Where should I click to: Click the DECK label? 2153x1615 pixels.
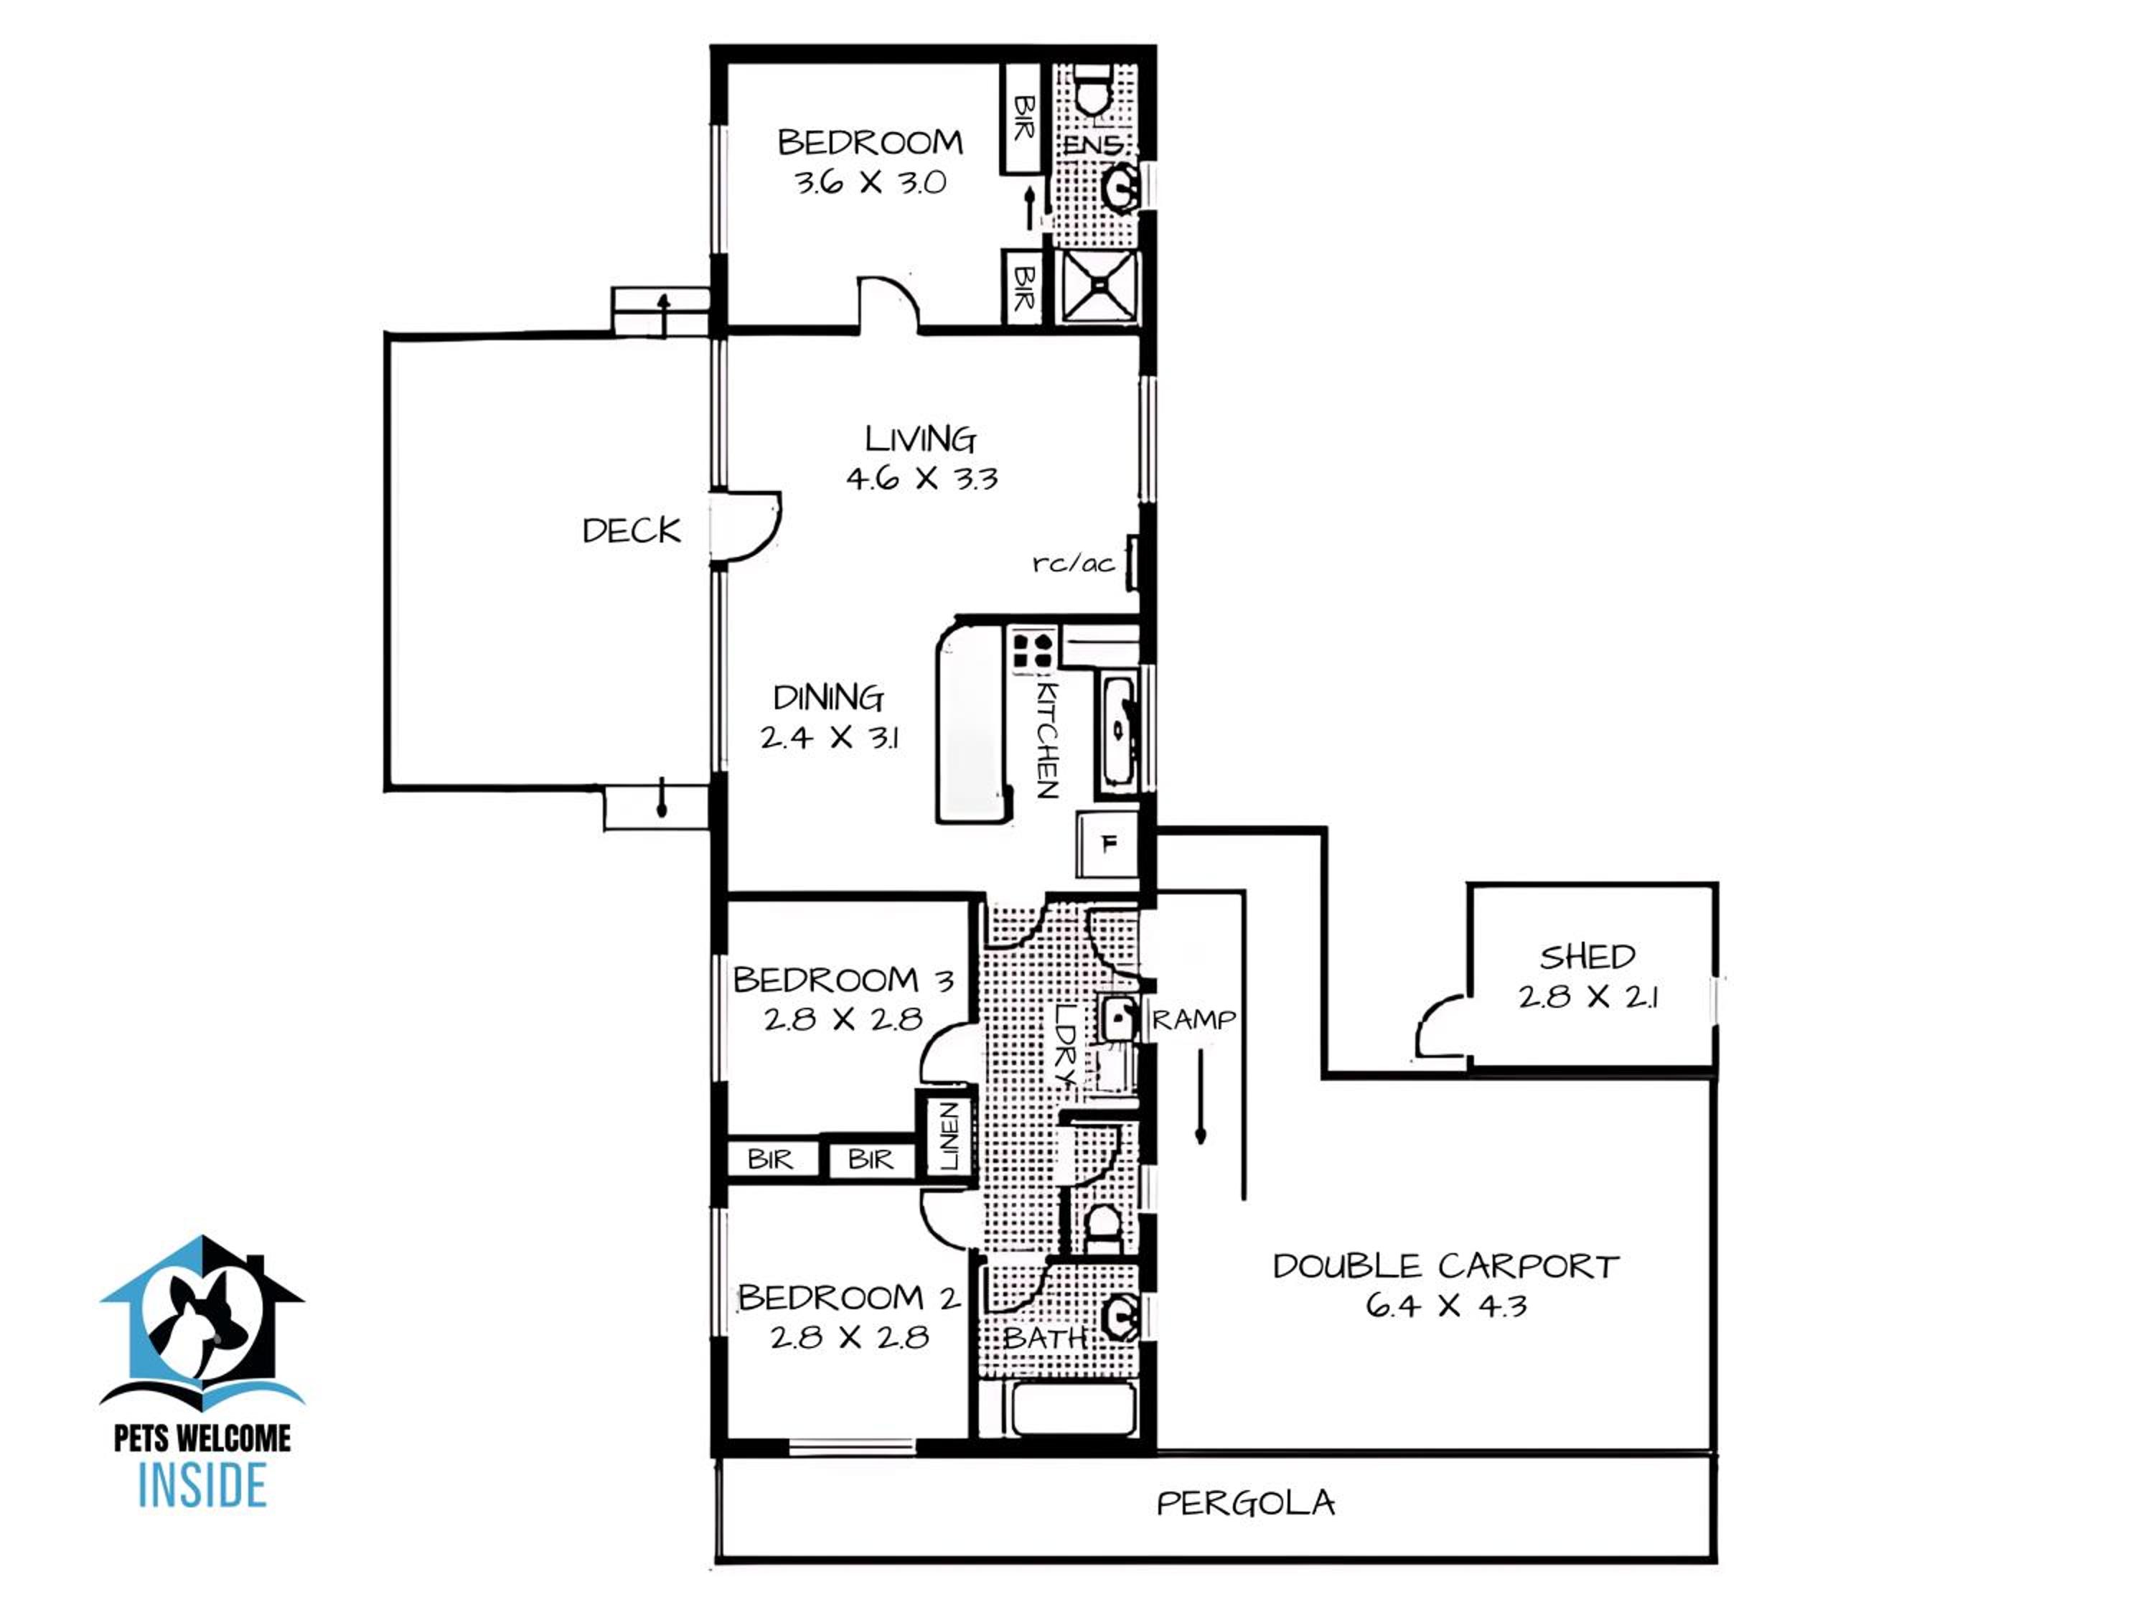[632, 530]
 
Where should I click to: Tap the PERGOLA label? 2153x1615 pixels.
[1245, 1504]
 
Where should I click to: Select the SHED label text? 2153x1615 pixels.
[1587, 957]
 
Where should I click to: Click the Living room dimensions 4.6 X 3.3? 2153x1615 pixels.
[921, 478]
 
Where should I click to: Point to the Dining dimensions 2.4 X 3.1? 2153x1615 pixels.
[830, 737]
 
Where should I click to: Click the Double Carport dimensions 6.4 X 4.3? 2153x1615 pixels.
[1446, 1306]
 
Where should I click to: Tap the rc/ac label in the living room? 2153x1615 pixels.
[1074, 563]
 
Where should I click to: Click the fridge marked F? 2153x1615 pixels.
[1107, 844]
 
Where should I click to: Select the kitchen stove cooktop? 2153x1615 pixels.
[1033, 650]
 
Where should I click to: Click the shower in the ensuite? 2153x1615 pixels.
[1098, 285]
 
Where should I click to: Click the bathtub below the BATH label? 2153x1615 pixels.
[1074, 1408]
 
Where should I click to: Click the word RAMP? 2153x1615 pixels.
[1194, 1019]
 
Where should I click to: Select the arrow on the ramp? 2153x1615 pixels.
[1201, 1095]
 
